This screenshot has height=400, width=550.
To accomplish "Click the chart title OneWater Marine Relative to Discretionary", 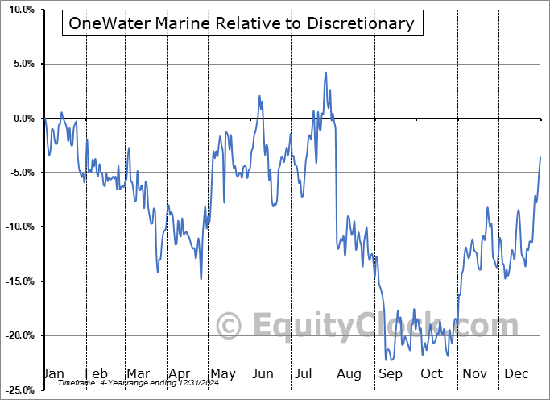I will [242, 23].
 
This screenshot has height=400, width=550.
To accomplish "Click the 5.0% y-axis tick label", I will [20, 64].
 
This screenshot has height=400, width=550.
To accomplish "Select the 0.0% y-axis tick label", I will [20, 119].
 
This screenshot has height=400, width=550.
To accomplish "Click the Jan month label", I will [54, 373].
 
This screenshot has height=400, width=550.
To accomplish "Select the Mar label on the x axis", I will [139, 373].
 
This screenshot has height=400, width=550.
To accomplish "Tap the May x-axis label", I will [222, 373].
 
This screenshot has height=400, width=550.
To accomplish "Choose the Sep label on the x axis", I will [391, 373].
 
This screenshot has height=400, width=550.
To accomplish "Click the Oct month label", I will [432, 373].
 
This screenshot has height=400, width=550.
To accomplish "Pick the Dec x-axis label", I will [516, 373].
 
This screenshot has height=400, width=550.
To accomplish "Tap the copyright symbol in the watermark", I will [230, 327].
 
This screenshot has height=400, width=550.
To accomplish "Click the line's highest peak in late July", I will [325, 73].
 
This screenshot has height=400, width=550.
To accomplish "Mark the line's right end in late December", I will [540, 157].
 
